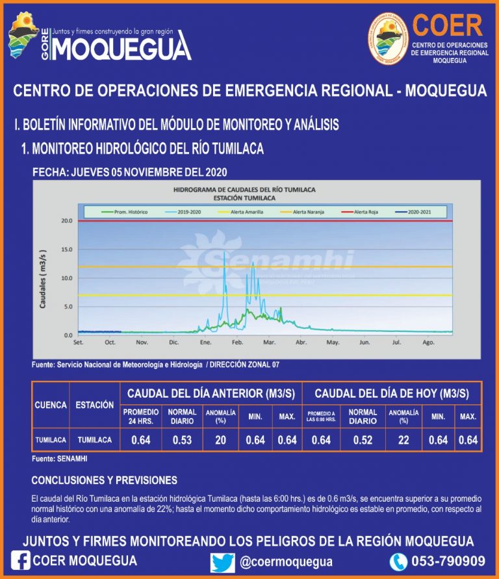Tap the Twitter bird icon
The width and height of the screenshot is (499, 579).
coord(222,561)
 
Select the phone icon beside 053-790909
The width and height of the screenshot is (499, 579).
coord(398,561)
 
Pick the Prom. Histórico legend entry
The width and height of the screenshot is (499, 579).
coord(125,212)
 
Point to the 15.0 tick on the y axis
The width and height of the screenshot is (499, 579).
coord(66,250)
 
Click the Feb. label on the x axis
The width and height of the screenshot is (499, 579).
coord(238,342)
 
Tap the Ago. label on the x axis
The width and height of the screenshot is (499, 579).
coord(428,342)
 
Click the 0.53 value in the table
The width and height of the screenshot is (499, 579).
coord(182,440)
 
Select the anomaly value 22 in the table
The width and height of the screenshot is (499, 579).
coord(403,440)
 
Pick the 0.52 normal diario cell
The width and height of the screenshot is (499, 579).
coord(363,440)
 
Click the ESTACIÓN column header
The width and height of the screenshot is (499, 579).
coord(94,405)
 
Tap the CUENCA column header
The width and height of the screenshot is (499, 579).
coord(51,405)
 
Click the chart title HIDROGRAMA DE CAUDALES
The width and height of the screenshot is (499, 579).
coord(244,189)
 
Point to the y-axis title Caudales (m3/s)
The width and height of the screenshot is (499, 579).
coord(44,278)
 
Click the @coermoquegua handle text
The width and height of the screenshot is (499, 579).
coord(286,561)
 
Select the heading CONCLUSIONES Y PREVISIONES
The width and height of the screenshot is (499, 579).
coord(104,480)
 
